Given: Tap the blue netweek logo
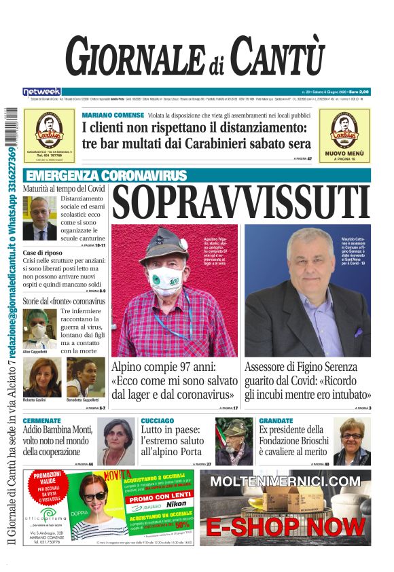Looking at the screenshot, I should click(41, 91).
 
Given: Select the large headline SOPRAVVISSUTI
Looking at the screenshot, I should click(241, 202).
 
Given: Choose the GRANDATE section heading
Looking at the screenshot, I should click(276, 421).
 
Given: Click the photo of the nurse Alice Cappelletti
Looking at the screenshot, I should click(38, 329).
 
